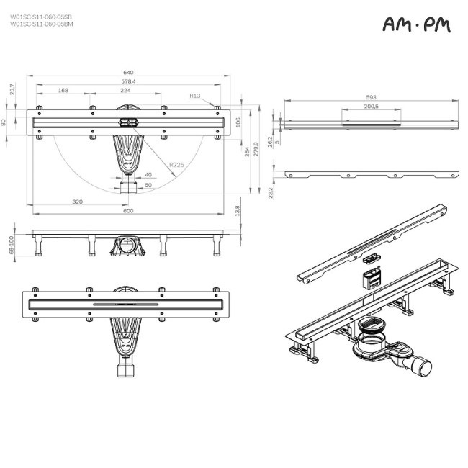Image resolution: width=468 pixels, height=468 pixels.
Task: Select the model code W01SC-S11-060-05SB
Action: [x=41, y=17]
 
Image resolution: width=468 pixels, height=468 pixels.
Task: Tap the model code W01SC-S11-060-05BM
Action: [x=41, y=24]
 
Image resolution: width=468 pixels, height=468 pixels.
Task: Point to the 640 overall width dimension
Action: [x=129, y=73]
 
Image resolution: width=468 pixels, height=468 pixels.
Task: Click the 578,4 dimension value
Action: [x=128, y=82]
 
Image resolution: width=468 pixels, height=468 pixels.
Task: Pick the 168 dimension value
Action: [x=63, y=91]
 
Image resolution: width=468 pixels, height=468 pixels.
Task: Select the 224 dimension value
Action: [x=125, y=91]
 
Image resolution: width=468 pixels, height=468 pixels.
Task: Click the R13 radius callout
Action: [x=194, y=96]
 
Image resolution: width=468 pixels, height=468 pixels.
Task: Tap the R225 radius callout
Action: [x=176, y=166]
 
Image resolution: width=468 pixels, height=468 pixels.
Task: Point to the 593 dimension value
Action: [x=371, y=97]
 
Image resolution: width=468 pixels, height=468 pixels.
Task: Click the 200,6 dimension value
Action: [x=372, y=107]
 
